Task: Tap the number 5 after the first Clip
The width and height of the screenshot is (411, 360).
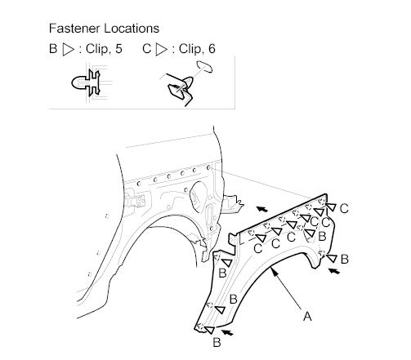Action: tap(118, 49)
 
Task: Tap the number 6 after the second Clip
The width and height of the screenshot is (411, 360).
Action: tap(212, 49)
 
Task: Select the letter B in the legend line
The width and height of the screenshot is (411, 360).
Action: tap(53, 49)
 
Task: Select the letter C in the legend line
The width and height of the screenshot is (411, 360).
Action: tap(146, 49)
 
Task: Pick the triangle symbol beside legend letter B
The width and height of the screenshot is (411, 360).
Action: tap(68, 50)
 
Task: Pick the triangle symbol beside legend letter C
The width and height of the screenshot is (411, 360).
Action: tap(161, 50)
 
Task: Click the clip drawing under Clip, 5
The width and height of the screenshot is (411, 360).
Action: tap(86, 82)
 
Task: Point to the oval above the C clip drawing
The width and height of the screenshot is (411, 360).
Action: tap(204, 67)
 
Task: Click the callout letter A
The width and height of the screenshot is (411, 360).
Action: tap(307, 317)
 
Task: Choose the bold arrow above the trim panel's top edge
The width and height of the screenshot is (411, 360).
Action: tap(262, 209)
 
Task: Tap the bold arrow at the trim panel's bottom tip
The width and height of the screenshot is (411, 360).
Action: tap(227, 332)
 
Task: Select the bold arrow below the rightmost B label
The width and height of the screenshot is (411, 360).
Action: tap(334, 271)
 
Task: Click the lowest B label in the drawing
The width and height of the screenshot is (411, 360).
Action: tap(217, 342)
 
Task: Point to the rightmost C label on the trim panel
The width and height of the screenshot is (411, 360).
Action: tap(344, 209)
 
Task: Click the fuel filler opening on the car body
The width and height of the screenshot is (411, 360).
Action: tap(199, 196)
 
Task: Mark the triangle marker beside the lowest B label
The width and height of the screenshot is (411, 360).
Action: tap(209, 330)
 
